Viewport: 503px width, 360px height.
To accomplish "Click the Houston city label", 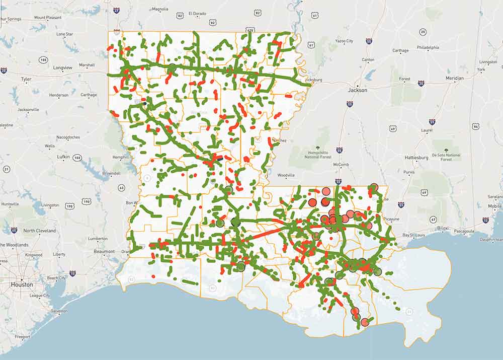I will pos(22,284).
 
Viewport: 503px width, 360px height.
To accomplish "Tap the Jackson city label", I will pos(358,90).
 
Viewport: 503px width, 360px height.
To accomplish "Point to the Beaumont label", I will pos(104,251).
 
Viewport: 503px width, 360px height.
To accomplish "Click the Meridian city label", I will pos(455,78).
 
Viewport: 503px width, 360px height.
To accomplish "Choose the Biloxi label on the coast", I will pos(443,228).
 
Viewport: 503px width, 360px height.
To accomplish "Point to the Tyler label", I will pos(26,79).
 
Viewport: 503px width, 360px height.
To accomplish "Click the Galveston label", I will pos(59,311).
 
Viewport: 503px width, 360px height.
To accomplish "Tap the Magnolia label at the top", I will pos(160,9).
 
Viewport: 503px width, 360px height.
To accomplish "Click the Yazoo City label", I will pos(344,41).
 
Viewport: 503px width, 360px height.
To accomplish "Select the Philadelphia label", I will pos(428,47).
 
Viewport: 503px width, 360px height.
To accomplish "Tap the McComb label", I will pos(341,165).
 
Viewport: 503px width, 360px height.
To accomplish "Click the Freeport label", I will pos(22,336).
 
